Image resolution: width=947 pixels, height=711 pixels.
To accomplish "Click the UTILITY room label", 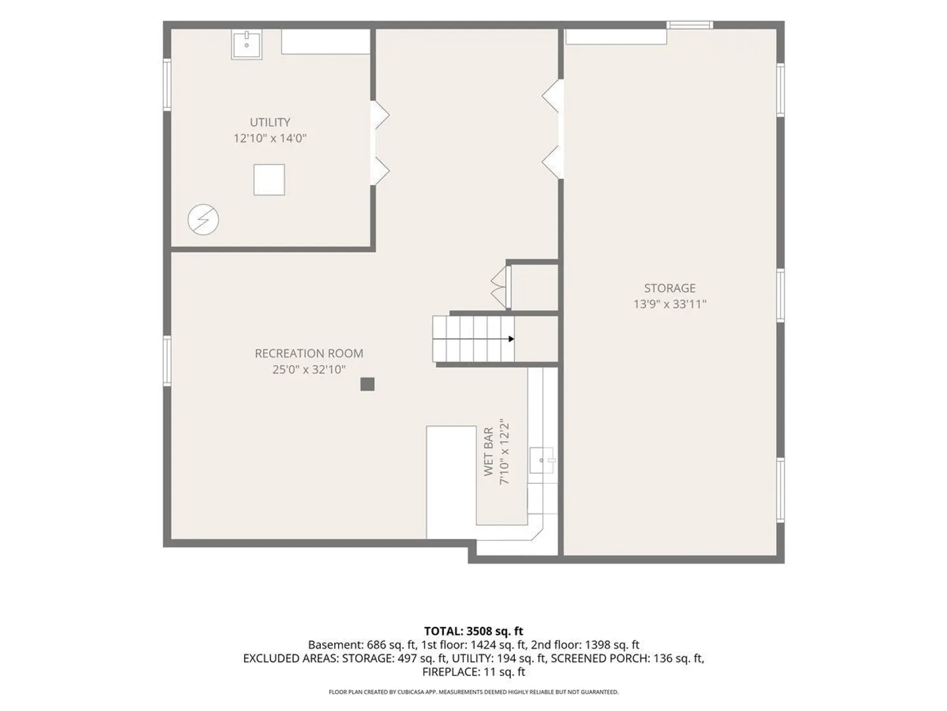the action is [x=270, y=122].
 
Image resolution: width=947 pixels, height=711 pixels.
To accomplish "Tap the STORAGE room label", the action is [x=669, y=288].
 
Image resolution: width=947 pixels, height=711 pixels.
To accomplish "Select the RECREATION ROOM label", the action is [x=309, y=354].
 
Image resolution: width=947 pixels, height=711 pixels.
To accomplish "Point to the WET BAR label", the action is [x=488, y=452].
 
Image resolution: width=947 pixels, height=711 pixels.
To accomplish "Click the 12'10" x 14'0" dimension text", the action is [x=270, y=138].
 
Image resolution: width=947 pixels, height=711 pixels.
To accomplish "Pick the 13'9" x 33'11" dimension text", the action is [x=669, y=304].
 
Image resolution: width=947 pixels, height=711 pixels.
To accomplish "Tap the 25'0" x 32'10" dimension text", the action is [x=309, y=370].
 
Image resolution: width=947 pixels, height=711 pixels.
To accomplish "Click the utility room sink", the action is [x=247, y=45].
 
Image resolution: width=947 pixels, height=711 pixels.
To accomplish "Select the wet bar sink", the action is [x=543, y=460].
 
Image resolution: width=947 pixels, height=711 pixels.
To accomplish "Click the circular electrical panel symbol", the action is [x=203, y=220].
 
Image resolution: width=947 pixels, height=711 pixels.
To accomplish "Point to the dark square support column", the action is [x=367, y=384].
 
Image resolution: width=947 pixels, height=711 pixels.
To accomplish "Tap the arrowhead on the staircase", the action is [x=511, y=339].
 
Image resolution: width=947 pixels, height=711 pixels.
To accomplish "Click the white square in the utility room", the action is [x=269, y=180].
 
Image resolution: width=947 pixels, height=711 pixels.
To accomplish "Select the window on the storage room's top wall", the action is [x=689, y=25].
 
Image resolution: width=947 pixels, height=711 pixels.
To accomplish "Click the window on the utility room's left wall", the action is [x=167, y=85].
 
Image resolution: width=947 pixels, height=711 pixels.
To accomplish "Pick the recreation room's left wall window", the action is [x=167, y=361].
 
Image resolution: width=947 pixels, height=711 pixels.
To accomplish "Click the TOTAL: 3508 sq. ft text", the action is [x=473, y=631].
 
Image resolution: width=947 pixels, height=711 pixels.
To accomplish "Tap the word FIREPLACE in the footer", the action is [x=450, y=672].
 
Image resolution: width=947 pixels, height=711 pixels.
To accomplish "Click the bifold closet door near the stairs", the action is [x=500, y=287].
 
